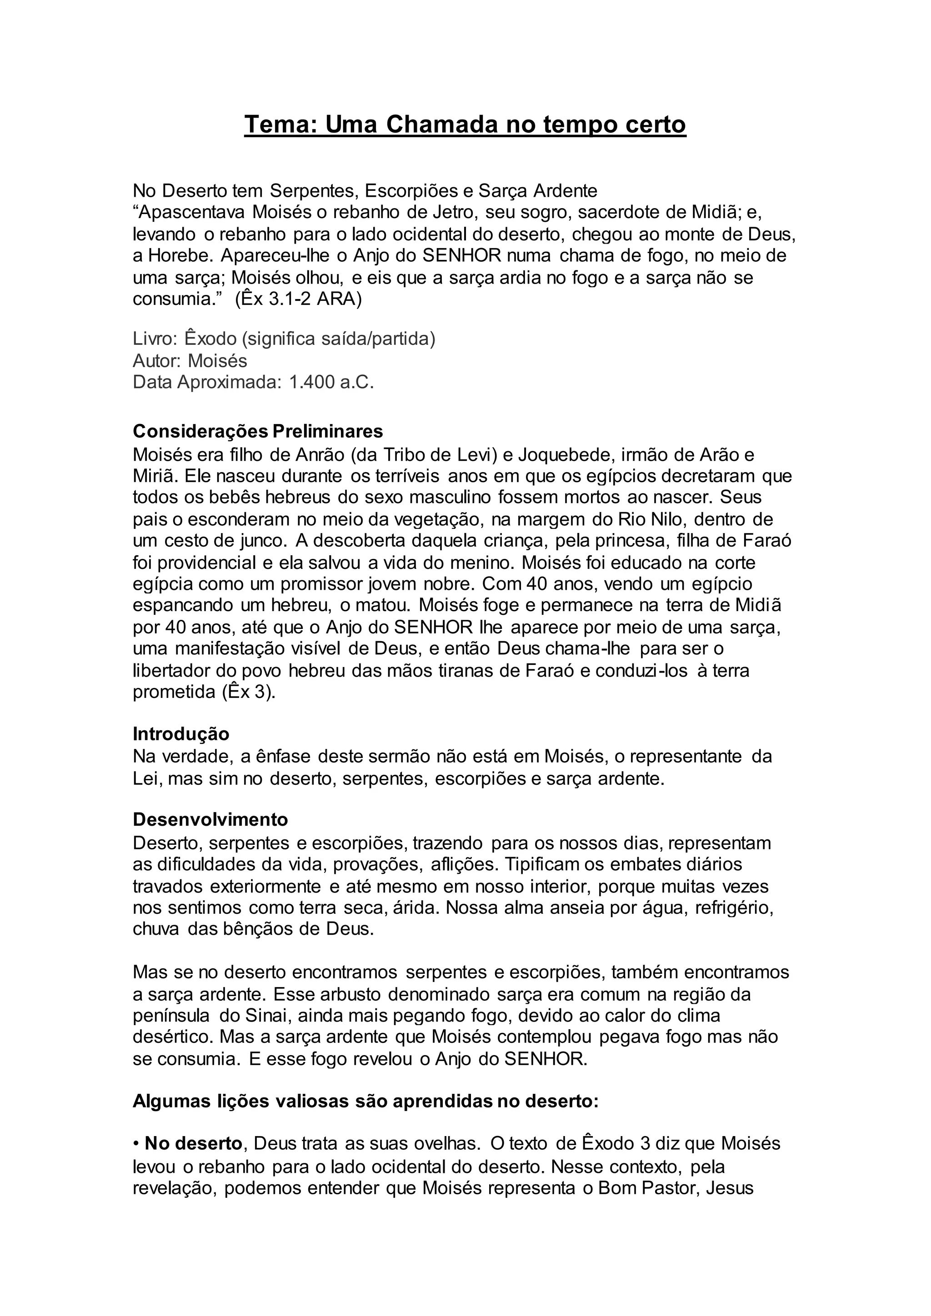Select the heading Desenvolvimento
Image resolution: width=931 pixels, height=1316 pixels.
(x=210, y=820)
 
